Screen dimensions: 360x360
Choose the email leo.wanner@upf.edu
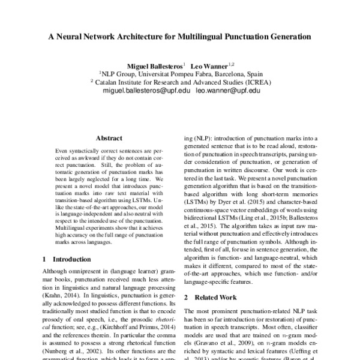(227, 90)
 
